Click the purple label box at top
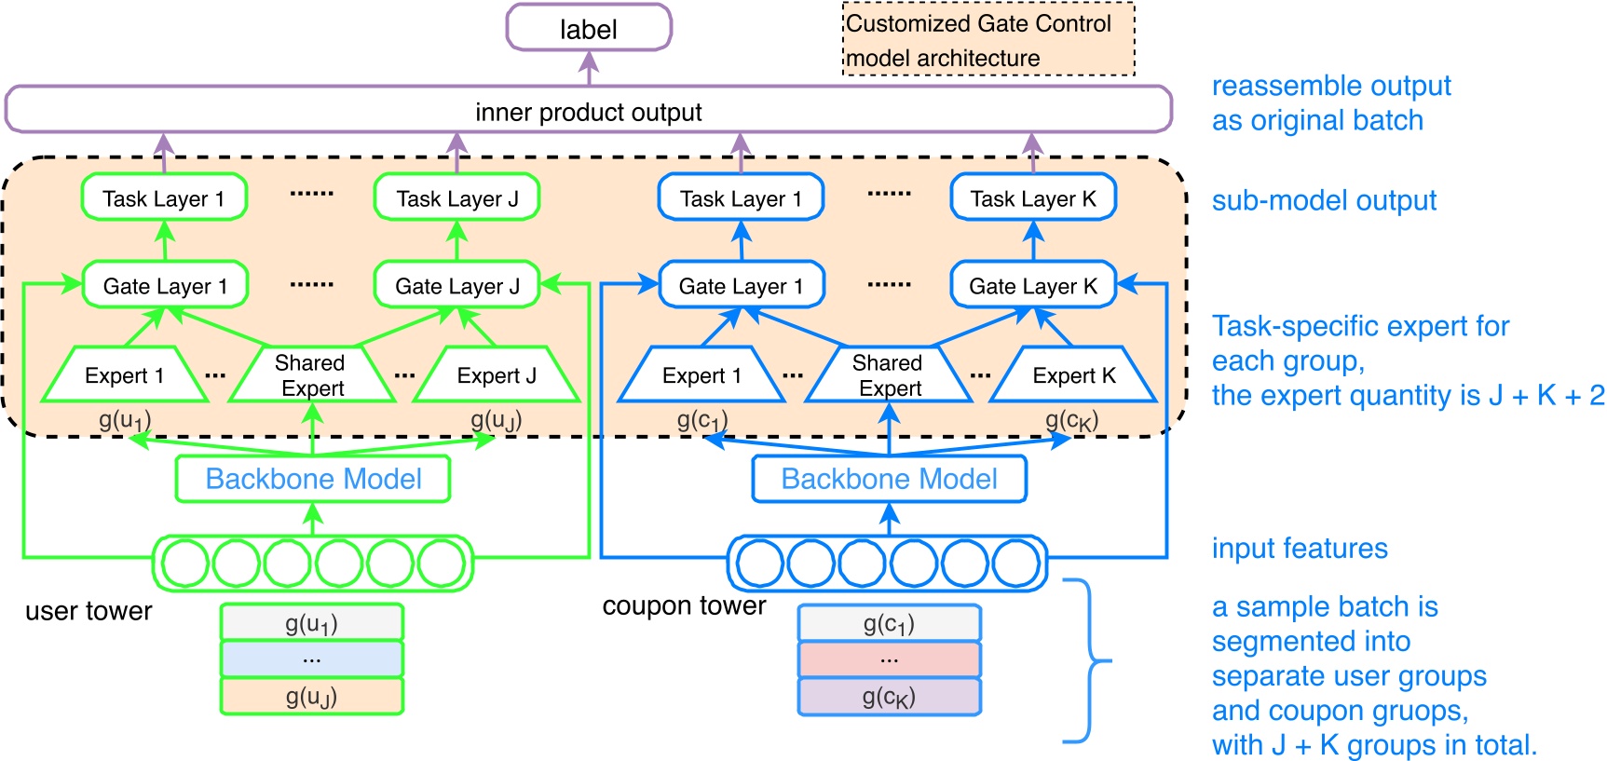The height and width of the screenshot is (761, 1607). [588, 28]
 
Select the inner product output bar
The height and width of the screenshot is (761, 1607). [588, 111]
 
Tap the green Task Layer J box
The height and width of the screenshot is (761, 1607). [456, 197]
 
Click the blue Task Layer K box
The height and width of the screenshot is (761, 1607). [1032, 197]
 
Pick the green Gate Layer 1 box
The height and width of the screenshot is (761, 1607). [165, 285]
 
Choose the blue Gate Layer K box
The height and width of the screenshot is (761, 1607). [1032, 285]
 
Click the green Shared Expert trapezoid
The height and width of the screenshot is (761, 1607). [312, 374]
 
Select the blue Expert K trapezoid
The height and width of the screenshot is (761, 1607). [1072, 374]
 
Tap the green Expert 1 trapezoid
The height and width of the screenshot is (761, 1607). [124, 374]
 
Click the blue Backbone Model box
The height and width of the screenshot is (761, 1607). [889, 479]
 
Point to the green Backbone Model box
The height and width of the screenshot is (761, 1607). [313, 479]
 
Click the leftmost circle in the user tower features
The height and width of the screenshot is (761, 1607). [184, 563]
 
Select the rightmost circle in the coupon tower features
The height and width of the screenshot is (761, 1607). [1015, 563]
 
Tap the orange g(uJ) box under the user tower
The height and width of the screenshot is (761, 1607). [311, 696]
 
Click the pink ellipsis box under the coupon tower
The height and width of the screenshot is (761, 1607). [889, 659]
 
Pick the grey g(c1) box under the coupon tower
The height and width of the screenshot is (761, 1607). [889, 622]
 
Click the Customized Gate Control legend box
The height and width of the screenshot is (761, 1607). [988, 39]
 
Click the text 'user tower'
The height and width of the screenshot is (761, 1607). [89, 611]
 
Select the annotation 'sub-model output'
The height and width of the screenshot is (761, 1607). [1323, 200]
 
